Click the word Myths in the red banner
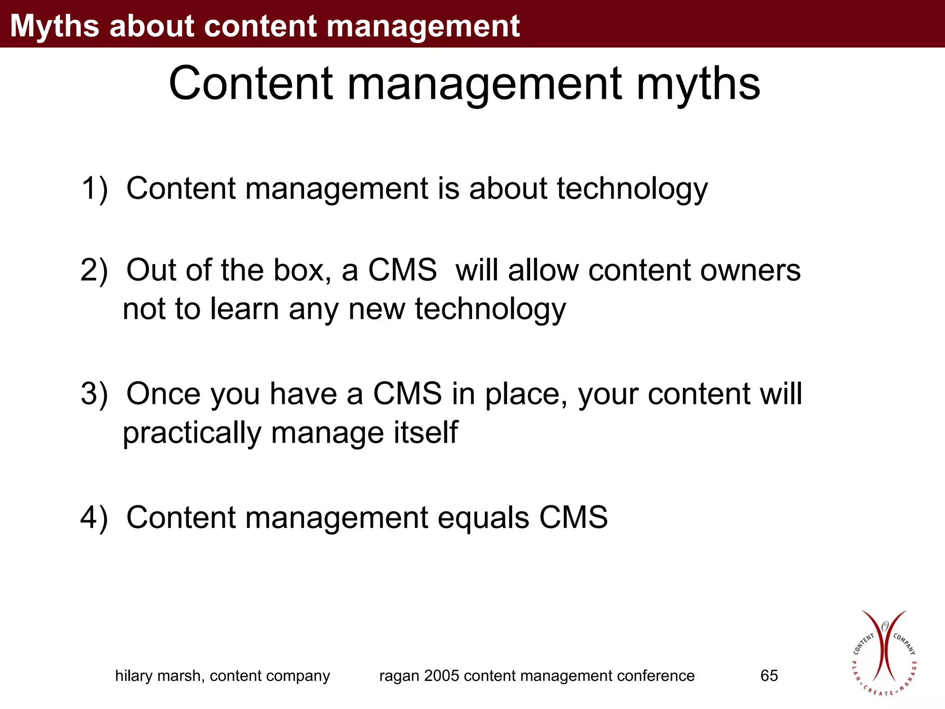tap(54, 26)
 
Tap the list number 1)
tap(95, 189)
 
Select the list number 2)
tap(94, 270)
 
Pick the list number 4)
tap(94, 517)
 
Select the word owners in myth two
tap(750, 270)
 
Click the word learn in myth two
tap(245, 309)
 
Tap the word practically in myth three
tap(192, 433)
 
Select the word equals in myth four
tap(483, 518)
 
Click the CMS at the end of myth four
tap(574, 517)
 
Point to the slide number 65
tap(769, 676)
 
